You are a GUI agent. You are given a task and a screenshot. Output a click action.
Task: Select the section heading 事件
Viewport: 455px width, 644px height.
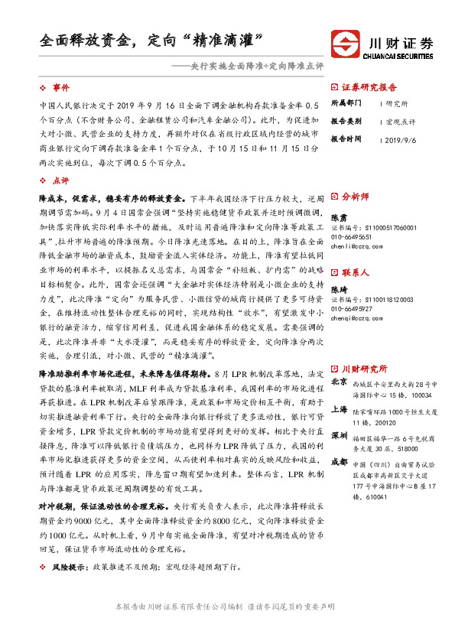click(x=60, y=88)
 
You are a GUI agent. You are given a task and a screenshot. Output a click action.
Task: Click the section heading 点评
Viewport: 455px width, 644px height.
click(x=60, y=181)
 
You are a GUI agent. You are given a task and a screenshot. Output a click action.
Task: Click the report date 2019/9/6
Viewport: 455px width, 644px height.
click(x=401, y=140)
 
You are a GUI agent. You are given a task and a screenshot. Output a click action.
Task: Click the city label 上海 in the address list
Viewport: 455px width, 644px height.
click(x=339, y=409)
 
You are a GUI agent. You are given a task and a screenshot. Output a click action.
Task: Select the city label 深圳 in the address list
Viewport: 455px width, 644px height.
click(x=339, y=436)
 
